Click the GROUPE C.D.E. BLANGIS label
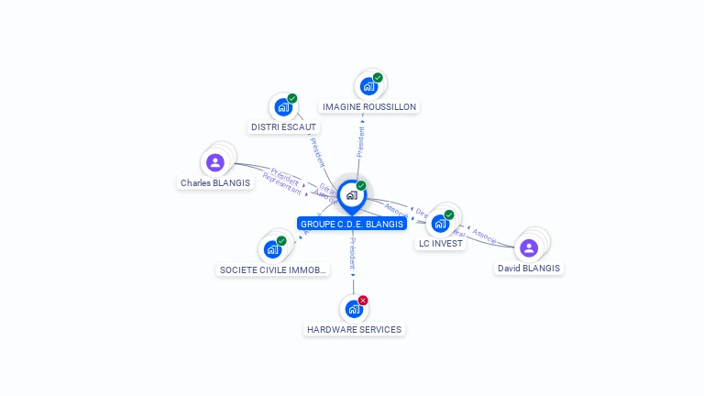coord(351,224)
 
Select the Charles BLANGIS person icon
coord(215,163)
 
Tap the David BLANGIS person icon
coord(529,247)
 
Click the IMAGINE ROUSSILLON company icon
coord(368,87)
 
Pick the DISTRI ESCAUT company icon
coord(283,107)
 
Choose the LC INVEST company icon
coord(440,224)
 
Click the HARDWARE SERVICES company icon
coord(354,310)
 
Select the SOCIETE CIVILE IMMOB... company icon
coord(272,249)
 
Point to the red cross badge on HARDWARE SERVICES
coord(363,301)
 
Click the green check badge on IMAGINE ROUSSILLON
coord(378,78)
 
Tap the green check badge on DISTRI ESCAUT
coord(292,98)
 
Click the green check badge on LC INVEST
coord(449,214)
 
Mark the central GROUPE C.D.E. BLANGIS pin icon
coord(351,195)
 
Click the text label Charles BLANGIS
coord(215,183)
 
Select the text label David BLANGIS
coord(529,269)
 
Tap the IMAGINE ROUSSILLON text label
coord(369,107)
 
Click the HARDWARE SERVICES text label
coord(354,330)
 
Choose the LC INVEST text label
coord(441,244)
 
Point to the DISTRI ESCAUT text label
coord(283,127)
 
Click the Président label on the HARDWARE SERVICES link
coord(353,251)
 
